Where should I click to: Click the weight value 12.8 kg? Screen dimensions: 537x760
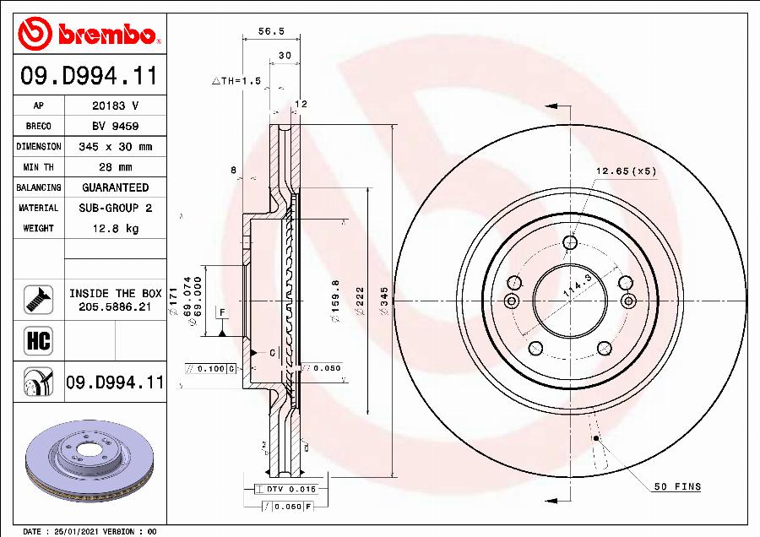[115, 228]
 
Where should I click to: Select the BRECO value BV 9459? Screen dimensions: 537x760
[115, 126]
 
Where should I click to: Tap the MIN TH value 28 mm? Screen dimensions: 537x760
[115, 167]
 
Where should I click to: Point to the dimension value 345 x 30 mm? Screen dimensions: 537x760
[115, 147]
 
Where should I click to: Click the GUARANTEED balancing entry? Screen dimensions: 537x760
[115, 187]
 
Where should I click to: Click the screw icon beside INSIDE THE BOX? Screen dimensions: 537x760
[39, 298]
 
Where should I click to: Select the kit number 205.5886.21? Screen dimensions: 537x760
[115, 307]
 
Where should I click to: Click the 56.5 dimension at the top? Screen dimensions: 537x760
[270, 31]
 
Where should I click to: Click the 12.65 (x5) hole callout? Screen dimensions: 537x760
[626, 171]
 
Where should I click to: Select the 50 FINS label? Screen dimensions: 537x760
[677, 487]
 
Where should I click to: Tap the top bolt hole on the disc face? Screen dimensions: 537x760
[570, 243]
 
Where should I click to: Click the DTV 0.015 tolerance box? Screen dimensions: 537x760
[278, 489]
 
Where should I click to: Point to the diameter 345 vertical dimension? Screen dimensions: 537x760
[384, 301]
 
